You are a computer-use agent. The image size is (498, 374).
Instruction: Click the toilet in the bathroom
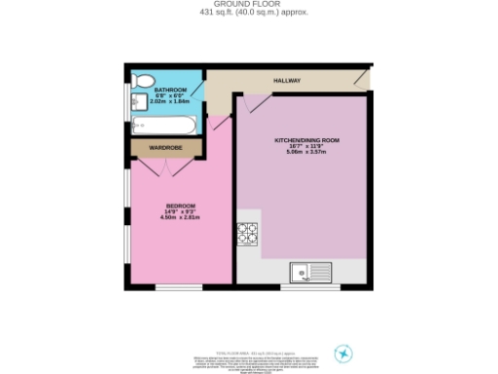coord(143,80)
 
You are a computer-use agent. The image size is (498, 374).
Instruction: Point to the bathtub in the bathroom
coord(166,125)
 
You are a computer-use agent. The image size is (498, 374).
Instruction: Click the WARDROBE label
coord(165,148)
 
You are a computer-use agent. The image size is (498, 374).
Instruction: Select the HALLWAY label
coord(287,81)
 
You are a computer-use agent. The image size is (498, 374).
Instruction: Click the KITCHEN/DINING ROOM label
coord(301,140)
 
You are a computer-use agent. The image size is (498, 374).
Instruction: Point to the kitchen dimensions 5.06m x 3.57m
coord(301,152)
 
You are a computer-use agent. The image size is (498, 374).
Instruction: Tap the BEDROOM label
coord(181,206)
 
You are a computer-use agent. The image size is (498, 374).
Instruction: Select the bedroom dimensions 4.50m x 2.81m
coord(180,217)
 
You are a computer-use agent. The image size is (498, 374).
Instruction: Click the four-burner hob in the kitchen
coord(246,234)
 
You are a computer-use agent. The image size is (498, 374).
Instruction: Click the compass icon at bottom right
coord(343,353)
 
